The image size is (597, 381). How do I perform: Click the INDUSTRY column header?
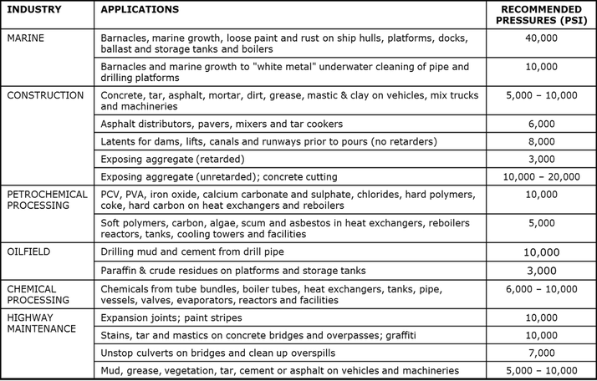point(35,9)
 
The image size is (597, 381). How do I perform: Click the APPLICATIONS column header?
point(139,9)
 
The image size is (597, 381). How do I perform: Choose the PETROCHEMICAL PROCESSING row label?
point(47,200)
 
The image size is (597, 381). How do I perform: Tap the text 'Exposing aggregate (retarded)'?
point(170,159)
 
